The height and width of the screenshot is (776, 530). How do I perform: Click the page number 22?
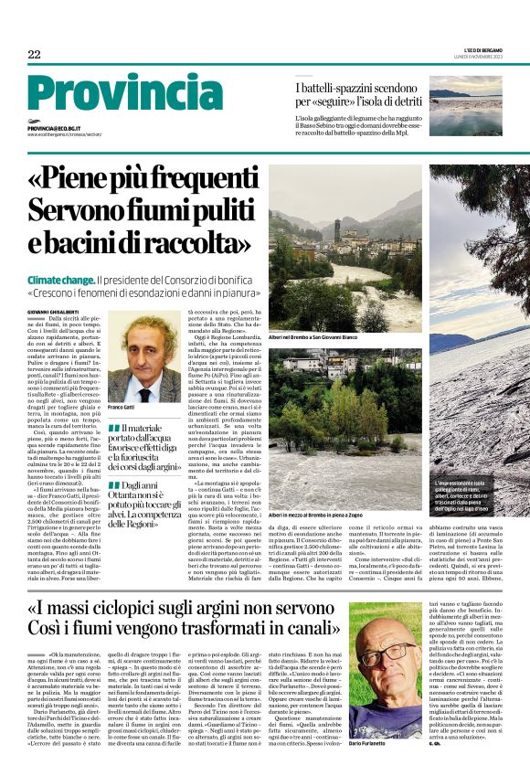coord(34,55)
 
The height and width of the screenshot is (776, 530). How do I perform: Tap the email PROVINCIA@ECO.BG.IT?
coord(67,129)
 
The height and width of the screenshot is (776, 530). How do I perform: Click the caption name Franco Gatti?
coord(122,407)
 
